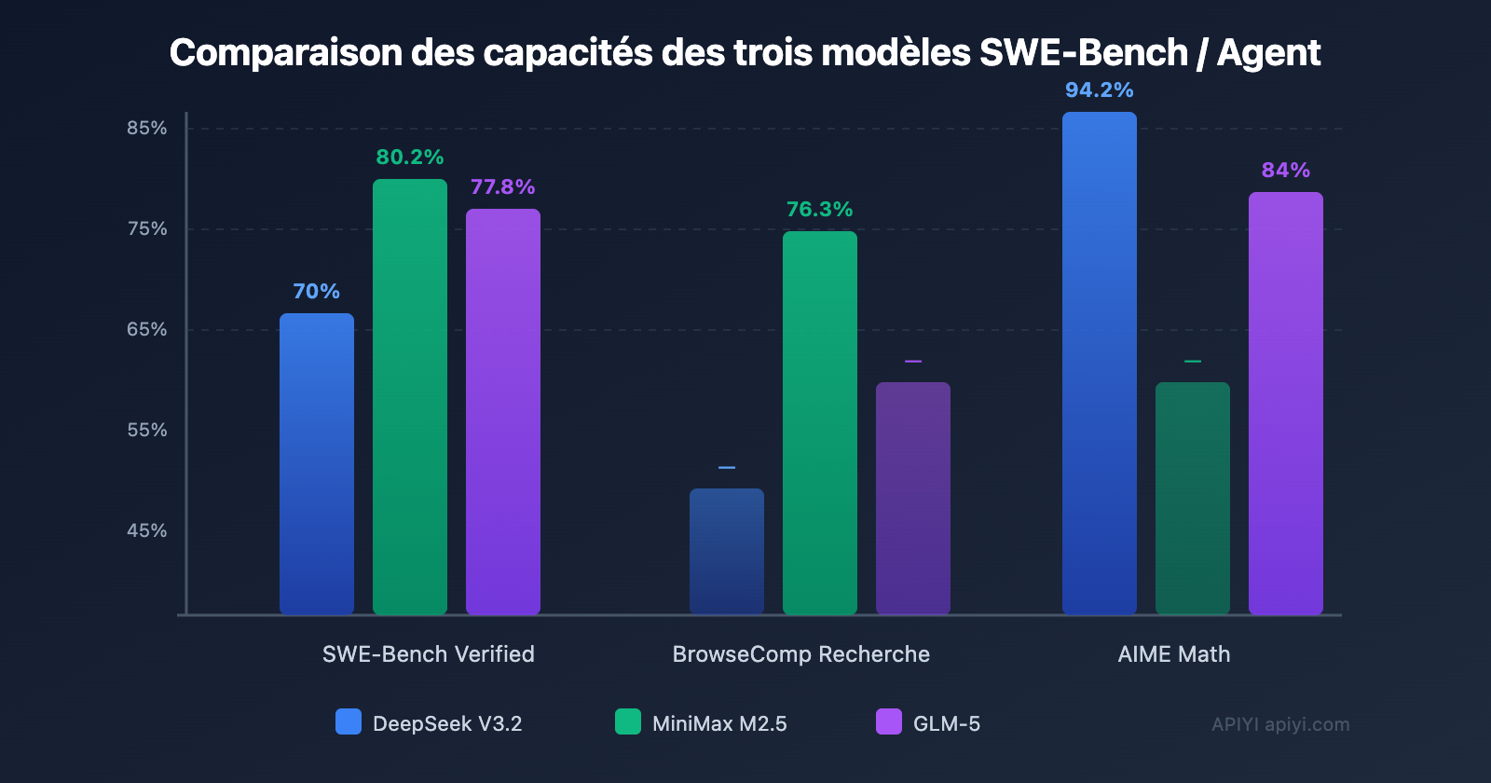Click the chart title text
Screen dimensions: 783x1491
pos(745,53)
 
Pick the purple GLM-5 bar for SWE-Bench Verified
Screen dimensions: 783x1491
pos(503,411)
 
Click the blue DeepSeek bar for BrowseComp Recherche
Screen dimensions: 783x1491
pos(727,551)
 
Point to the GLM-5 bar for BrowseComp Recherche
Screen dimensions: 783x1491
pos(913,498)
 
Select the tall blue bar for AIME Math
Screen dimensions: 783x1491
pos(1100,363)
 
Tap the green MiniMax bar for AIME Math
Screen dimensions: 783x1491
pos(1193,498)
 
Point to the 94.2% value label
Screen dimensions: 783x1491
pos(1100,90)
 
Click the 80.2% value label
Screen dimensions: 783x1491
pos(410,158)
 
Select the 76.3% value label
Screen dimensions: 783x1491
pos(820,210)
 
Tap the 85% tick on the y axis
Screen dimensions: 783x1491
pos(147,129)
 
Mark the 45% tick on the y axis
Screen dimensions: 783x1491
pos(147,531)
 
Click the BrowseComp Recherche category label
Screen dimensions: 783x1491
pos(801,654)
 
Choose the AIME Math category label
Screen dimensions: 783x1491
pos(1174,654)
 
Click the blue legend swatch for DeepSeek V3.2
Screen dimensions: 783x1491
pos(349,722)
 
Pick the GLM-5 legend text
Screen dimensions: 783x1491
pos(947,724)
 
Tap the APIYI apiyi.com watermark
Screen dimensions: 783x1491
pos(1280,724)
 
